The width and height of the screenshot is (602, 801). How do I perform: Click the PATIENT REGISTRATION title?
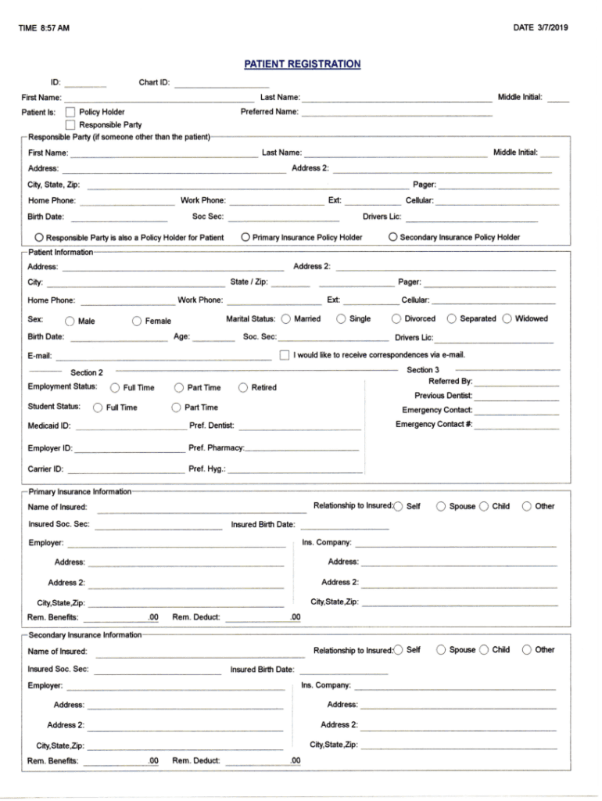coord(302,64)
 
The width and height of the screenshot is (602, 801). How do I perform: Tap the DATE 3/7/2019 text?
coord(541,28)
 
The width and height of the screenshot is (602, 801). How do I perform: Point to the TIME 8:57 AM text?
coord(44,29)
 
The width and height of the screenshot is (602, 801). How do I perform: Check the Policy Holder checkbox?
coord(70,112)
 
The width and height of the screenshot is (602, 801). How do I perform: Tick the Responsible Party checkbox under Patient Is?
coord(70,124)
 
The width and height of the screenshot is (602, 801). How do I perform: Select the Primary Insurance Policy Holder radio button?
coord(245,236)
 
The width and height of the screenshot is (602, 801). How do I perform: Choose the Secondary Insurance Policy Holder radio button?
coord(392,236)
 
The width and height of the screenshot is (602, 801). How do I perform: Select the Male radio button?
coord(70,321)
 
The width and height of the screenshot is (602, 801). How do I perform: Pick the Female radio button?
coord(137,321)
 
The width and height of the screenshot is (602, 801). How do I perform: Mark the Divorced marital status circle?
coord(396,318)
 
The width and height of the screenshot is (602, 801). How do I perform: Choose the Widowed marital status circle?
coord(507,318)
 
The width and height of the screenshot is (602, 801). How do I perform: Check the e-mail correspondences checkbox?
coord(285,355)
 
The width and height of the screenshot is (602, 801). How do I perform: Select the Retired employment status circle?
coord(243,387)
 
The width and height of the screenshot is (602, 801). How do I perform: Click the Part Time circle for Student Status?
coord(176,407)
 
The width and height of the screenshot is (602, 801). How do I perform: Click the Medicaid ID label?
coord(49,426)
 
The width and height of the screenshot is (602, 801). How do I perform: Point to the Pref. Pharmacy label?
coord(217,448)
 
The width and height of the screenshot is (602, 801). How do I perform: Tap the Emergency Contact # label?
coord(434,425)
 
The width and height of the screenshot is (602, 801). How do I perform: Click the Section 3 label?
coord(423,369)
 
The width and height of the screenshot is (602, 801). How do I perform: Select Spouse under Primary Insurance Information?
coord(441,506)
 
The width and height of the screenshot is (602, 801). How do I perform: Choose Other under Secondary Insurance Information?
coord(527,649)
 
